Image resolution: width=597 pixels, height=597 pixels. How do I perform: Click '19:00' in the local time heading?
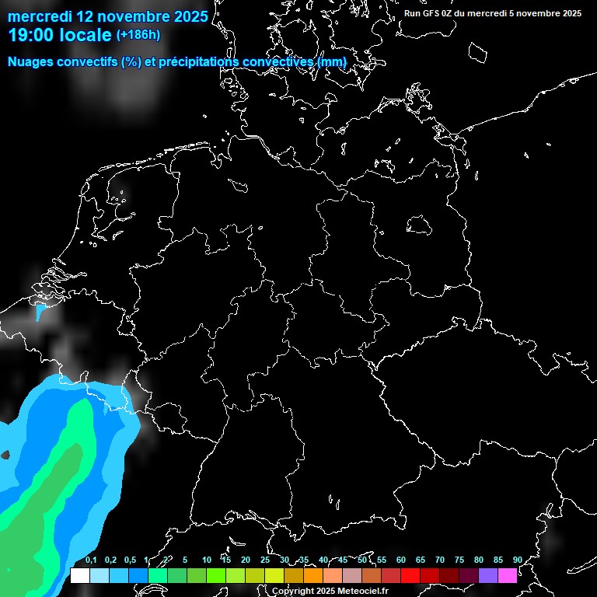pos(30,35)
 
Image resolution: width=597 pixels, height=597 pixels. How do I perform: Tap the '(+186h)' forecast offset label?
pos(138,35)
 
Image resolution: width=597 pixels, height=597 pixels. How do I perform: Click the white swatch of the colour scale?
pos(79,576)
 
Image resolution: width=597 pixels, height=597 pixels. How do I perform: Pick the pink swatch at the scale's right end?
pos(508,576)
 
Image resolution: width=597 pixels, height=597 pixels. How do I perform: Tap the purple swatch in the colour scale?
pos(488,576)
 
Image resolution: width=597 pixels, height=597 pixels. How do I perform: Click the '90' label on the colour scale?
pos(518,560)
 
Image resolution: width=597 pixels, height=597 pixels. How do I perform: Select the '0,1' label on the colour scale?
pos(91,560)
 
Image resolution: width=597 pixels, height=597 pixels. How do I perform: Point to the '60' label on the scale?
pos(401,560)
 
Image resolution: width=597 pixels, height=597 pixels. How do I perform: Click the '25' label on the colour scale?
pos(265,560)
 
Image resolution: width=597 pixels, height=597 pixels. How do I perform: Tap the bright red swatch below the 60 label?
pos(410,576)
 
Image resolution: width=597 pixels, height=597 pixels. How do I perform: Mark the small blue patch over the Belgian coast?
pos(40,312)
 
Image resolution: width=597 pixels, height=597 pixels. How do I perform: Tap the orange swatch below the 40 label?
pos(313,576)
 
